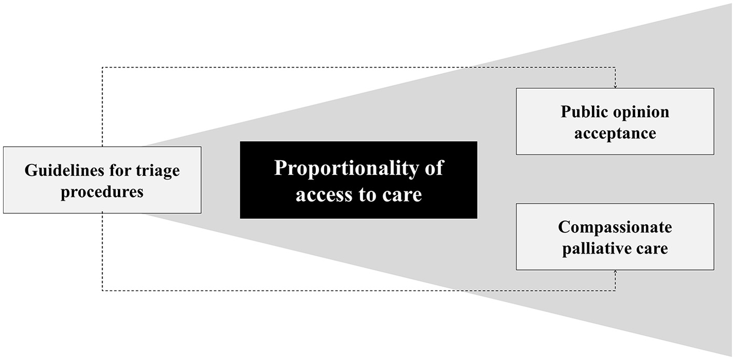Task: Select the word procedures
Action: pyautogui.click(x=102, y=192)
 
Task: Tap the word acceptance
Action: pyautogui.click(x=615, y=133)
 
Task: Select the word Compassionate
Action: pyautogui.click(x=615, y=227)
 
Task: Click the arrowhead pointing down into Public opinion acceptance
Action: pyautogui.click(x=615, y=86)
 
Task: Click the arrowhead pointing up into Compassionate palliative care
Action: pyautogui.click(x=615, y=272)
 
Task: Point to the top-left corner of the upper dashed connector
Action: pyautogui.click(x=102, y=67)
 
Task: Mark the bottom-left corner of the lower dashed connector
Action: pyautogui.click(x=102, y=290)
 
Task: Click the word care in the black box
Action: pyautogui.click(x=403, y=195)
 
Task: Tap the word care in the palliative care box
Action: pyautogui.click(x=653, y=248)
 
